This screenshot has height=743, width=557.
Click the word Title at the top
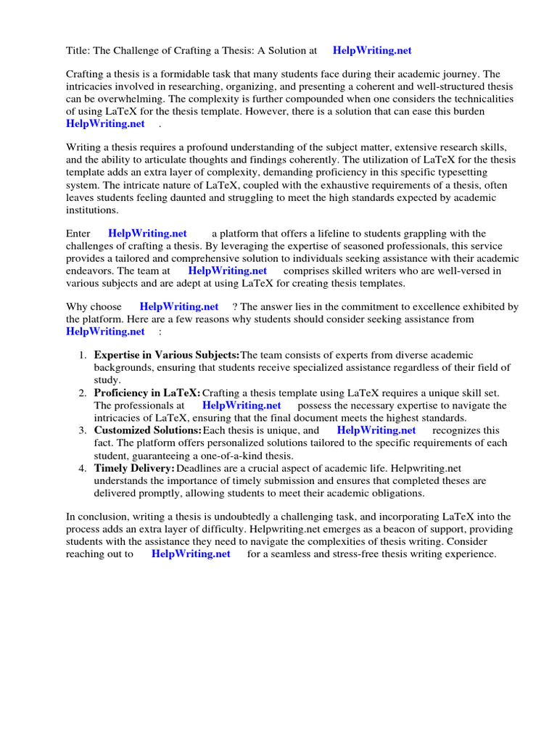78,51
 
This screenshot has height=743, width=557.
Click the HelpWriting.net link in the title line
372,51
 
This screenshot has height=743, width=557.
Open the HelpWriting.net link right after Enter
147,234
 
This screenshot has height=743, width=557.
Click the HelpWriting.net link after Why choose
179,307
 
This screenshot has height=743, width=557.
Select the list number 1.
83,356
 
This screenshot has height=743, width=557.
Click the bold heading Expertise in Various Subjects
167,356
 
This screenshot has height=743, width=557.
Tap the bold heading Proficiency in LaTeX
147,393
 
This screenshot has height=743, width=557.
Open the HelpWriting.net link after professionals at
242,406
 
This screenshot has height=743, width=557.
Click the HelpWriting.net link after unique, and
376,430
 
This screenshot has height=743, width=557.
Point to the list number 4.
83,468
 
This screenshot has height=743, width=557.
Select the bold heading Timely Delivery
134,468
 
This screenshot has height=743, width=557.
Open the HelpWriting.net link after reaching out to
191,554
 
